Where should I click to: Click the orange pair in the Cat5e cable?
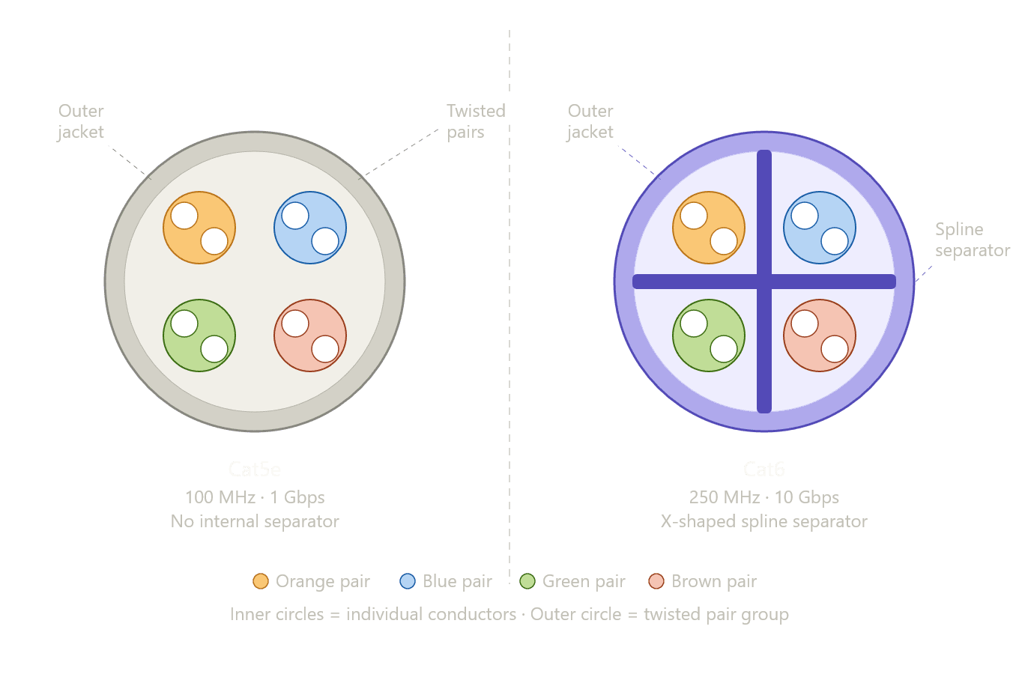click(199, 228)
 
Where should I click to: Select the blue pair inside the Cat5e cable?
click(310, 228)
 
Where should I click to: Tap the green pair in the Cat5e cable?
click(199, 336)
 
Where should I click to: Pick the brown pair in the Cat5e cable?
click(310, 336)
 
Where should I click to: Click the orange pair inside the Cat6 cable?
click(709, 228)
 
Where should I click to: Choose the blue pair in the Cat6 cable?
click(820, 228)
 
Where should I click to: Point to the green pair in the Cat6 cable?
click(709, 336)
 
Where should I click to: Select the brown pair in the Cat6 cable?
click(820, 336)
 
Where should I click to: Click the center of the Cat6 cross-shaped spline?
click(764, 282)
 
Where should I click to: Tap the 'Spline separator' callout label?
click(972, 240)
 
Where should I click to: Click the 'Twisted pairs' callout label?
click(476, 121)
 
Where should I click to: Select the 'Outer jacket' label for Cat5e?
click(81, 121)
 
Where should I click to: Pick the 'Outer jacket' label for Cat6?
click(590, 121)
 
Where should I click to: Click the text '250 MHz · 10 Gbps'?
click(764, 497)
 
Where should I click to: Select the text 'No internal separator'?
click(255, 521)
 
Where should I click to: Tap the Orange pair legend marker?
click(261, 581)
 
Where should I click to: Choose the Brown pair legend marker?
click(656, 581)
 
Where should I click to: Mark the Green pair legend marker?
click(527, 581)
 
